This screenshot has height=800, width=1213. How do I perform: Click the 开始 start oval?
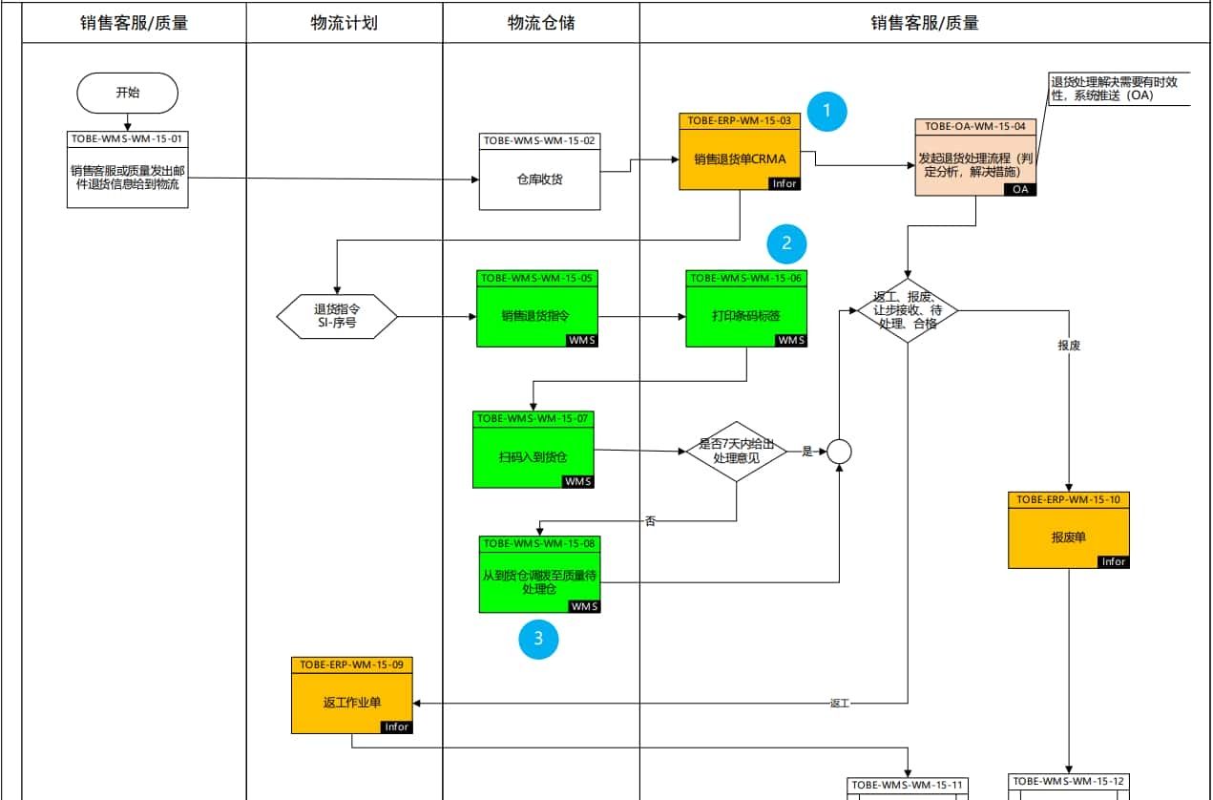[127, 93]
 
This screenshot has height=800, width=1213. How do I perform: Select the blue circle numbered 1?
[826, 111]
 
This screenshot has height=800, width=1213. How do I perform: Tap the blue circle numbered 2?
[786, 243]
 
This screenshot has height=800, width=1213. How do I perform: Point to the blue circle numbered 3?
[538, 640]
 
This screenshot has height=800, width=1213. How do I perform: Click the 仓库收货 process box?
[539, 179]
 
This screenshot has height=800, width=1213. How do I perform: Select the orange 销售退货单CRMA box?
[740, 158]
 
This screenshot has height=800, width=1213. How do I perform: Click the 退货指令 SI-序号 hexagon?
[336, 316]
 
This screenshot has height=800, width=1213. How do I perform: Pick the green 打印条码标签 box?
[746, 316]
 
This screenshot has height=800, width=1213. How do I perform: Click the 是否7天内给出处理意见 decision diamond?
[736, 451]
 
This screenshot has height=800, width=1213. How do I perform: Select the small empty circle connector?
[838, 452]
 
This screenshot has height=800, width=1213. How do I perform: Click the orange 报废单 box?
[1069, 537]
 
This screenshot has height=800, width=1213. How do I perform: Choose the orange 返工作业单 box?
[351, 703]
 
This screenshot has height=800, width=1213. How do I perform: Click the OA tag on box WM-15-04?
[1020, 189]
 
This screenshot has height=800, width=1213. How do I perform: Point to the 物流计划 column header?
[344, 23]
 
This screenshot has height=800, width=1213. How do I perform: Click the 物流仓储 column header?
[540, 23]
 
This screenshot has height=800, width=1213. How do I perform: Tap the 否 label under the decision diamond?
[651, 521]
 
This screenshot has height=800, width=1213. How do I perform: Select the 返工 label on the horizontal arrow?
[839, 704]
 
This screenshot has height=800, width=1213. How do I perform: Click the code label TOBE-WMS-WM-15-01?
[127, 138]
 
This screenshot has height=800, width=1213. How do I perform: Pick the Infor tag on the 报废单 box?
[1113, 561]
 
